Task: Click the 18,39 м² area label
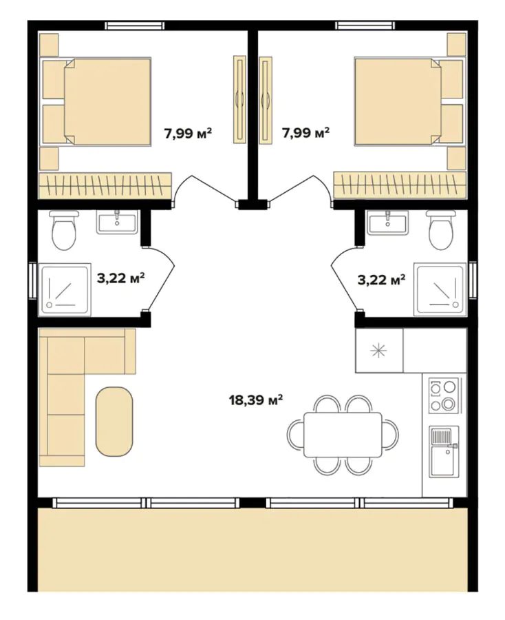257,400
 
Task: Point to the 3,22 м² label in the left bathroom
120,278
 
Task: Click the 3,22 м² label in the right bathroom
380,279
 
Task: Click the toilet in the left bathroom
65,231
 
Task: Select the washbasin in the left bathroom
117,222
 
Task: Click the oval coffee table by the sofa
114,421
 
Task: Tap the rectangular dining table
343,435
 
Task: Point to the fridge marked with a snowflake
379,351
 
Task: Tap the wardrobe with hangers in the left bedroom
104,185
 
